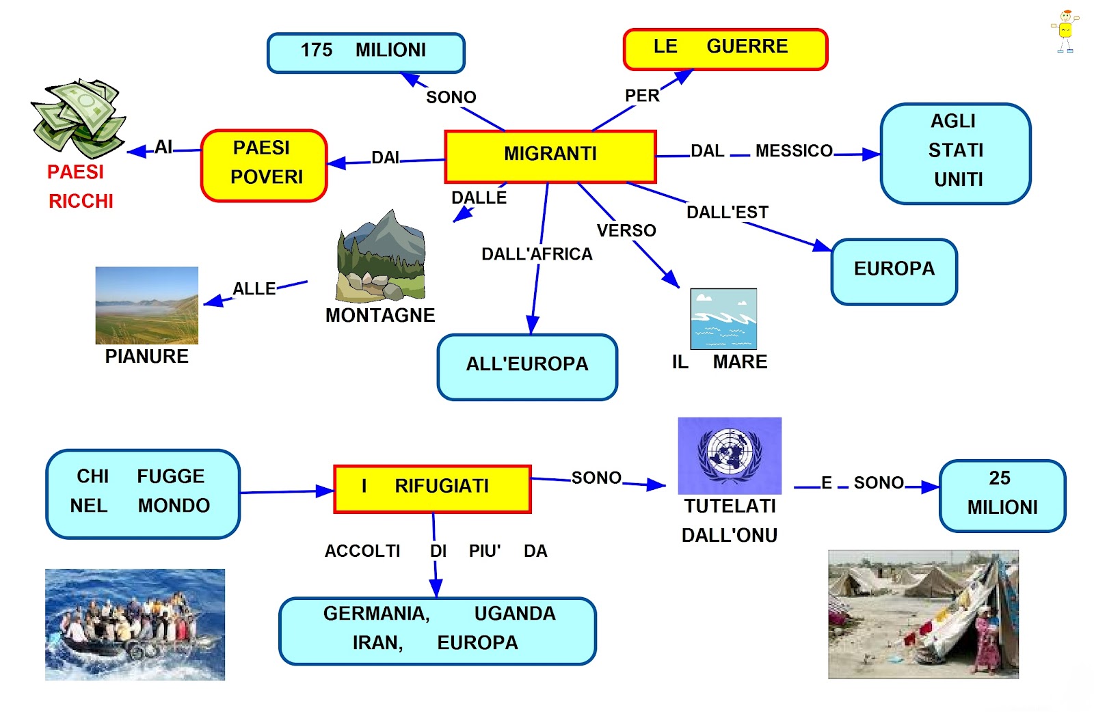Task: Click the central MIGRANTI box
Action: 550,156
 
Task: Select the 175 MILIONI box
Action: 366,53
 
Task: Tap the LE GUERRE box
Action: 725,49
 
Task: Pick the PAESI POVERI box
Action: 264,165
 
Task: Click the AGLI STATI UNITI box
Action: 955,153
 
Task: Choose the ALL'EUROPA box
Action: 527,366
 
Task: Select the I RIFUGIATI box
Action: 432,489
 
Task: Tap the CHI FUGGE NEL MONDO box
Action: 143,493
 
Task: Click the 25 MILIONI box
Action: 1002,495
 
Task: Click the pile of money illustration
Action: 79,118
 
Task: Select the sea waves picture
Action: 723,318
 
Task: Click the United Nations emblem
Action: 730,455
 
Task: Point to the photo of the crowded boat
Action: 135,625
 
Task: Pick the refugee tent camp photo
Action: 923,614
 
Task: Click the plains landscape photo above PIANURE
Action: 146,305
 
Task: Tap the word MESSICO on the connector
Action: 794,151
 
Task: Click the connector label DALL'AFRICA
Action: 537,254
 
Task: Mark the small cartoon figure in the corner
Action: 1065,31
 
